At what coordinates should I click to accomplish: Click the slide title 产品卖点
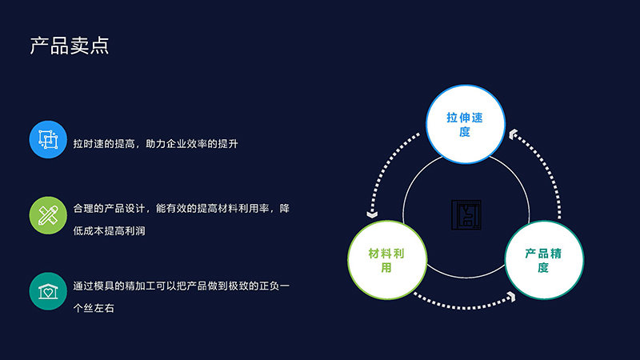click(x=70, y=46)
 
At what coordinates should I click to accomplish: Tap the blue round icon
click(x=48, y=139)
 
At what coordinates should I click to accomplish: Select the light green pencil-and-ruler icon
click(x=48, y=215)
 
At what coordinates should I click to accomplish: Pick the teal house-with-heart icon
click(x=48, y=291)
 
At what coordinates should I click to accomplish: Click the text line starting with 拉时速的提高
click(x=155, y=144)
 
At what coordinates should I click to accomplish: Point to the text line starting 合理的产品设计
click(x=182, y=209)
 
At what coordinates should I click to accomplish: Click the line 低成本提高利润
click(x=109, y=231)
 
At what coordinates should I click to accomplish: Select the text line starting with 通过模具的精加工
click(x=182, y=286)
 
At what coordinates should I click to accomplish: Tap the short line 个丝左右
click(x=94, y=308)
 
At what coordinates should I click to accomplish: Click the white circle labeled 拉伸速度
click(x=466, y=124)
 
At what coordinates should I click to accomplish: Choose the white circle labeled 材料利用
click(x=387, y=260)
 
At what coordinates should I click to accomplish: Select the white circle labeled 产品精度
click(x=544, y=260)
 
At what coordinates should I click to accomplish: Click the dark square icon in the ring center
click(x=466, y=214)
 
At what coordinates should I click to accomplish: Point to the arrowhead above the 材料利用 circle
click(x=372, y=214)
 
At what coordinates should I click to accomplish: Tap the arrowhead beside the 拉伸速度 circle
click(x=513, y=134)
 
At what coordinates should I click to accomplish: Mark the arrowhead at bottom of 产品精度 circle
click(x=511, y=296)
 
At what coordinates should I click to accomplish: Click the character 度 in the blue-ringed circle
click(x=465, y=132)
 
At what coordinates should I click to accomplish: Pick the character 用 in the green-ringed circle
click(x=386, y=268)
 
